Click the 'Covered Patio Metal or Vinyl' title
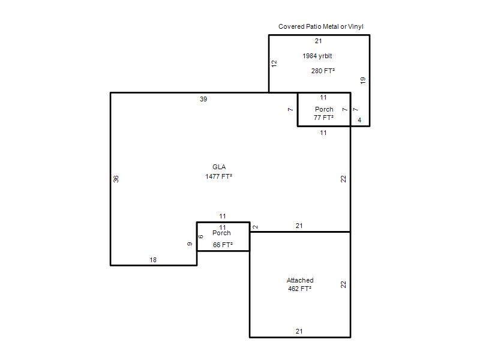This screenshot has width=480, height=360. point(321,26)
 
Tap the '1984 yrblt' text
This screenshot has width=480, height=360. point(317,56)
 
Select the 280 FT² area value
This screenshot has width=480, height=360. point(323,71)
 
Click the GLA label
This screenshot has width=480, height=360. point(219,167)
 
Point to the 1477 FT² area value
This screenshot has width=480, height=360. point(218,176)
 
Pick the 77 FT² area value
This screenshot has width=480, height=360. point(323,118)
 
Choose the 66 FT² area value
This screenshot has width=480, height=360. point(223,245)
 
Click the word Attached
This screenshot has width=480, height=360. point(300,280)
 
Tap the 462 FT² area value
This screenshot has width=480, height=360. point(299,289)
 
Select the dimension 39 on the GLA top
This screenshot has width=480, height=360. point(203,99)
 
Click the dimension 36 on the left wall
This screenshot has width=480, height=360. point(116,179)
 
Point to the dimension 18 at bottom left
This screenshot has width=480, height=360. point(153,260)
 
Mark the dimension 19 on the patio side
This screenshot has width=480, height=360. point(363,80)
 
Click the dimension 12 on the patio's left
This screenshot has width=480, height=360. point(274,64)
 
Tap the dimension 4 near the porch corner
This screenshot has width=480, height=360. point(359,120)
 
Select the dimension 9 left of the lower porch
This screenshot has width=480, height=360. point(190,244)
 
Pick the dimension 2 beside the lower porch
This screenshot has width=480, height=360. point(256,227)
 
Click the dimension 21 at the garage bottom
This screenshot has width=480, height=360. point(299,331)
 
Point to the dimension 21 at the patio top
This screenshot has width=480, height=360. point(319,41)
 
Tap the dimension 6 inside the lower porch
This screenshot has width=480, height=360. point(201,236)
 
